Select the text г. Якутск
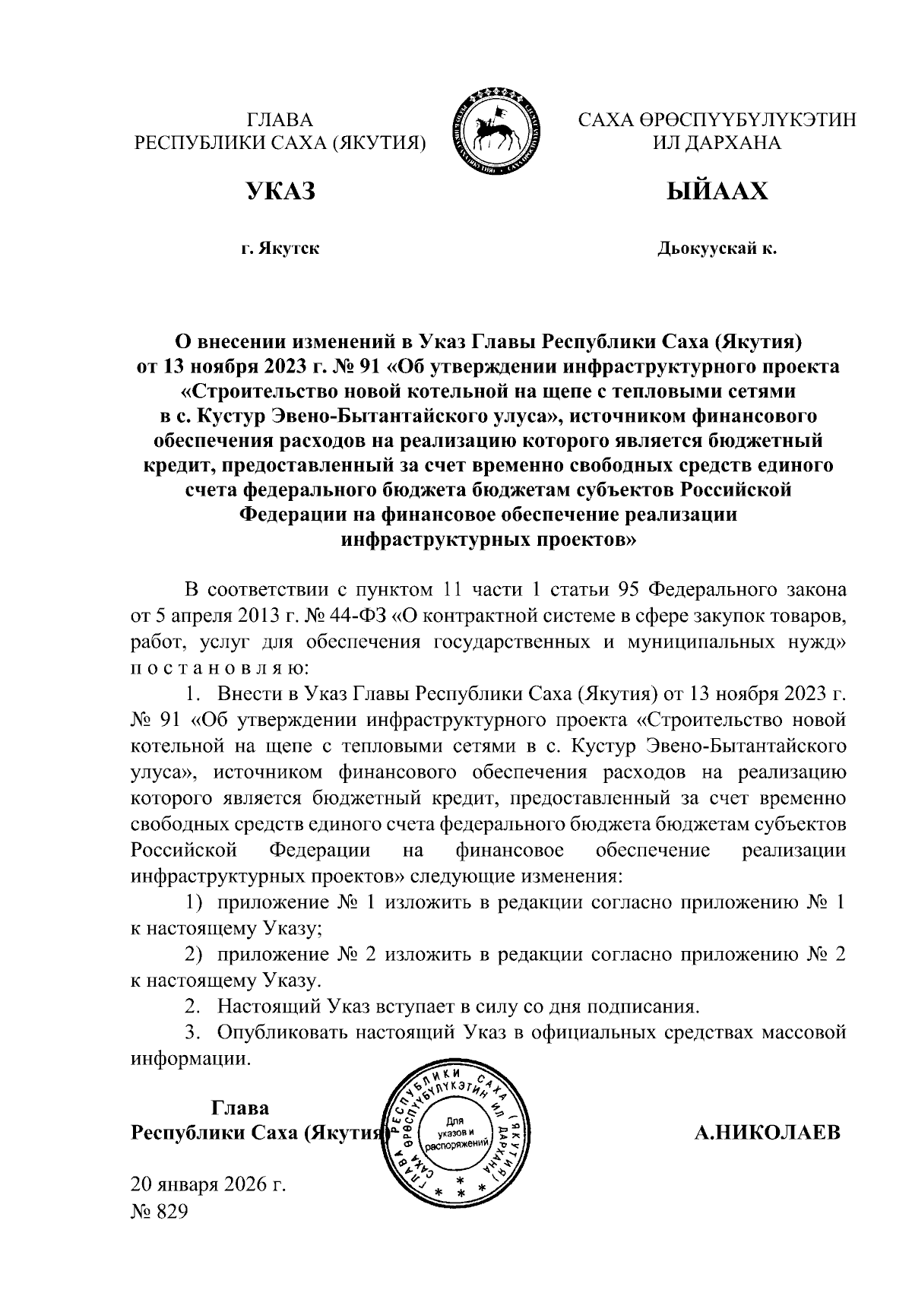[x=280, y=249]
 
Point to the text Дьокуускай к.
[x=717, y=249]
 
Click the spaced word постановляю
[x=220, y=668]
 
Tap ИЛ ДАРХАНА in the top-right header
[x=717, y=142]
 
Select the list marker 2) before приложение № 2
[x=196, y=955]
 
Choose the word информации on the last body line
[x=189, y=1059]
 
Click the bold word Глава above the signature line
[x=239, y=1107]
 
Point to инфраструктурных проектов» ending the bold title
[x=488, y=540]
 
